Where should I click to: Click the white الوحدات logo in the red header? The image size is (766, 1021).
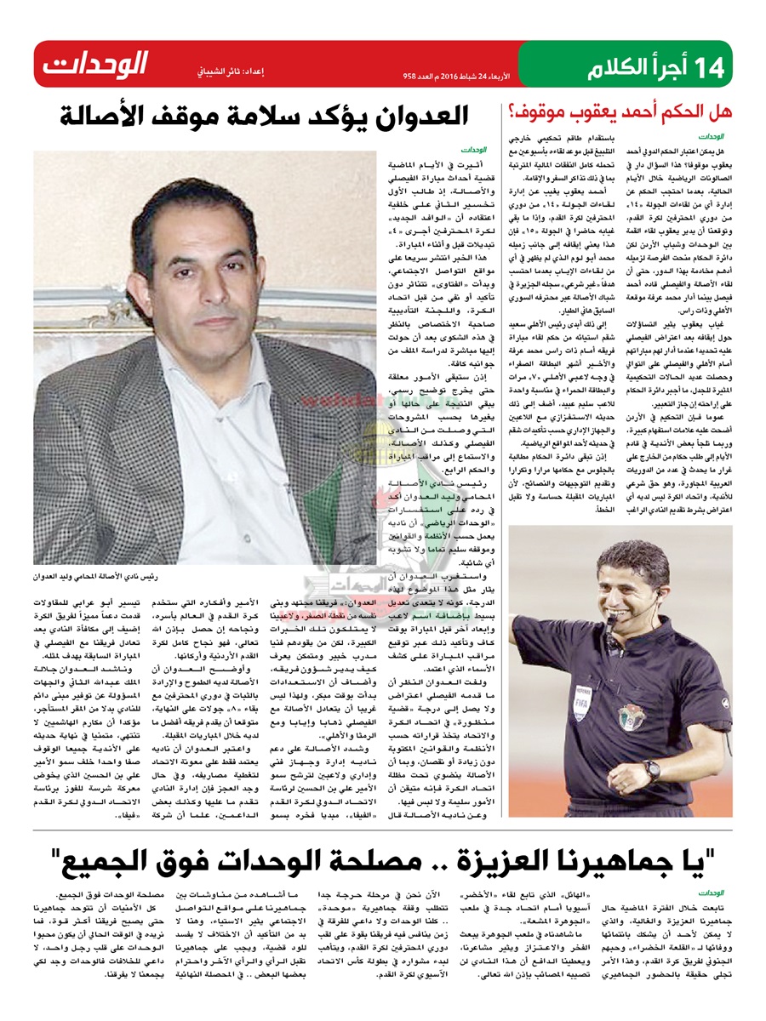(95, 64)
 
